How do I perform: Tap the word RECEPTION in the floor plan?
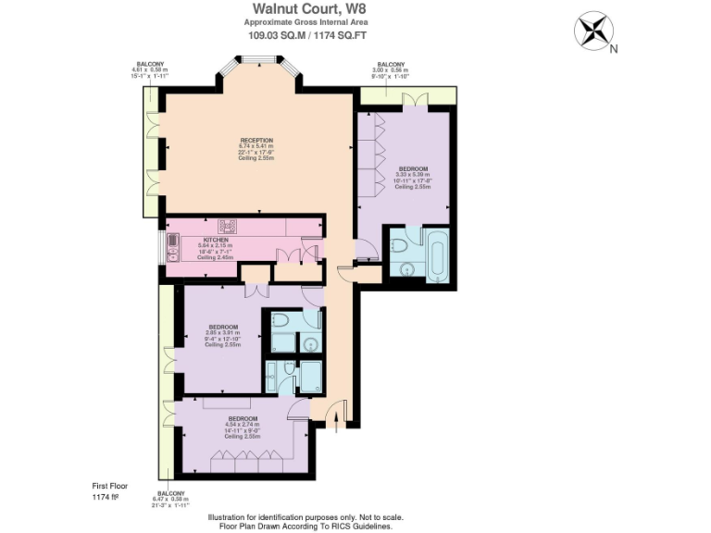[x=256, y=139]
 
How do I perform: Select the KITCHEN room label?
[x=216, y=239]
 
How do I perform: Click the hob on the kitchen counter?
[x=228, y=225]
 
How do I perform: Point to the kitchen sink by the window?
[x=173, y=246]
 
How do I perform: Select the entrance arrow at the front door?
[x=336, y=422]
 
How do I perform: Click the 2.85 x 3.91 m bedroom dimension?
[x=223, y=333]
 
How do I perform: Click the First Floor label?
[x=110, y=485]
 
